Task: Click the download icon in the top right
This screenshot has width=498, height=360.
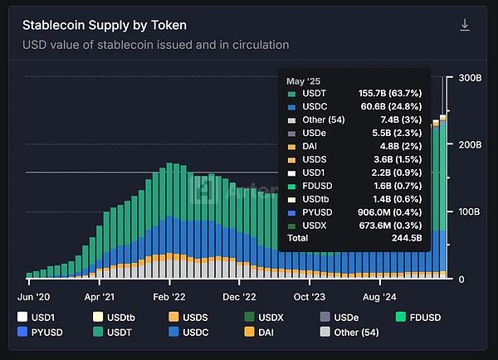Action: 465,25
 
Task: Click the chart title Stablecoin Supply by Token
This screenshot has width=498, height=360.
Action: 105,25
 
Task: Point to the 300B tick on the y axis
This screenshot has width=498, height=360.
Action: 470,77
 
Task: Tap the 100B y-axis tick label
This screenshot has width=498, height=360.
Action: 470,212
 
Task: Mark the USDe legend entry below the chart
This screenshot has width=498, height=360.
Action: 339,317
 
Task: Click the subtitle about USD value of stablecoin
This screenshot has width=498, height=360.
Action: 155,45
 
